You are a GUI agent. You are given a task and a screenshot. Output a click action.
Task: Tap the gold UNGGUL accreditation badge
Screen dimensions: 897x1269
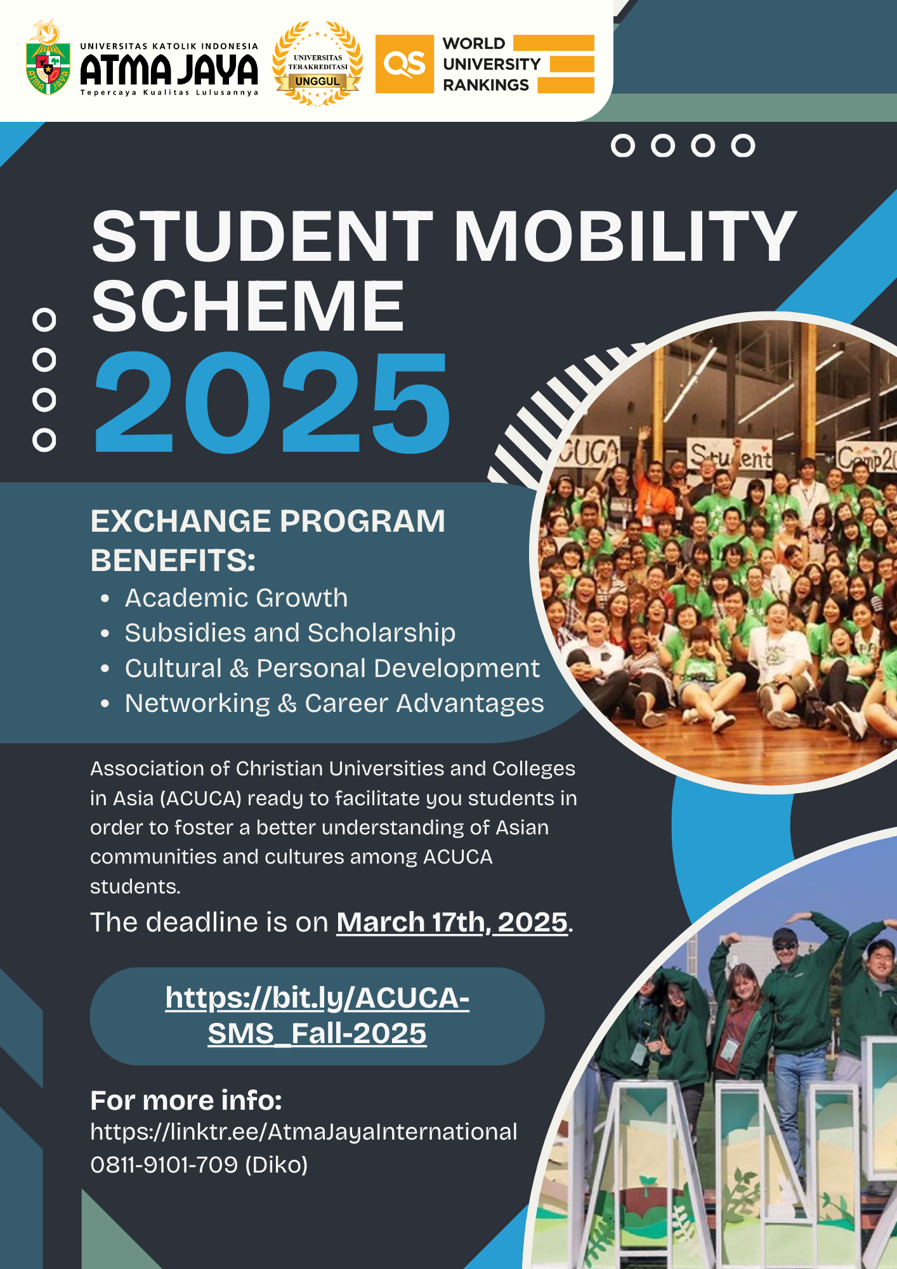[x=317, y=63]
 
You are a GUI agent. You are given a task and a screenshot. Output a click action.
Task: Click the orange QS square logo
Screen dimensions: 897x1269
[x=405, y=64]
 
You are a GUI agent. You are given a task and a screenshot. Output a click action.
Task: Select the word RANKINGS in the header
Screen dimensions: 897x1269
[x=486, y=85]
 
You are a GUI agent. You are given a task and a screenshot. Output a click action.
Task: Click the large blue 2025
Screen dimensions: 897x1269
[x=272, y=402]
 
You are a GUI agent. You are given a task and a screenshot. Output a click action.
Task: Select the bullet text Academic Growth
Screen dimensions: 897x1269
[x=236, y=598]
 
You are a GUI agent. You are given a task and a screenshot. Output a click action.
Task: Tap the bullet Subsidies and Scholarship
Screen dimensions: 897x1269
[x=290, y=633]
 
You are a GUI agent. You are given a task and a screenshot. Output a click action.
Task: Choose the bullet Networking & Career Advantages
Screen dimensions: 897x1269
[x=334, y=703]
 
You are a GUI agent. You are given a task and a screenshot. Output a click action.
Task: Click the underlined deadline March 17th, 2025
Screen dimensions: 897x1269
[x=452, y=922]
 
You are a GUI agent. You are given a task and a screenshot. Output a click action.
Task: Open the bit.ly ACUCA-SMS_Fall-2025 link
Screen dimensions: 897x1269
[x=317, y=1015]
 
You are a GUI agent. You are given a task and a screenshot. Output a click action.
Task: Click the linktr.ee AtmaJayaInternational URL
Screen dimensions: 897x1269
[x=304, y=1132]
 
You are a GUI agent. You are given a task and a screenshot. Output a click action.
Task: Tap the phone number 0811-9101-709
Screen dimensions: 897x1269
[x=164, y=1165]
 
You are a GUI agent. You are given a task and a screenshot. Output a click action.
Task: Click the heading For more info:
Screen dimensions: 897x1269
[x=186, y=1100]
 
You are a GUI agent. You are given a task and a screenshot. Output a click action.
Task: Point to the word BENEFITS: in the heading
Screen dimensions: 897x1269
[x=173, y=560]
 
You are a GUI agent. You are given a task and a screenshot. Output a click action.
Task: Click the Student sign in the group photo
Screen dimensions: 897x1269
[x=731, y=456]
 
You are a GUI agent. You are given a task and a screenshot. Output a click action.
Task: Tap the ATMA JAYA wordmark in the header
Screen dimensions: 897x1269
[x=169, y=69]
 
